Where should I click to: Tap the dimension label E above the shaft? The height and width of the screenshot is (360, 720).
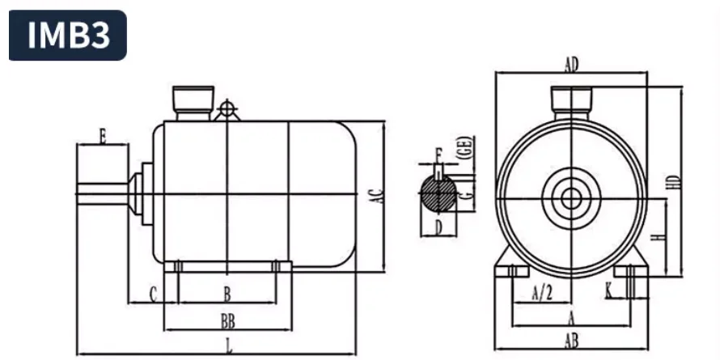click(x=102, y=135)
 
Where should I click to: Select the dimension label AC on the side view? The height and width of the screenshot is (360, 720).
click(x=375, y=195)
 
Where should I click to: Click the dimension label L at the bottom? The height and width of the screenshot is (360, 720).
click(x=229, y=346)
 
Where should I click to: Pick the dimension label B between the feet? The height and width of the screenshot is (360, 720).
click(x=227, y=292)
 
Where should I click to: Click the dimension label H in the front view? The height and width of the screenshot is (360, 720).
click(x=659, y=236)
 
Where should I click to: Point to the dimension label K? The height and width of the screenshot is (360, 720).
click(x=608, y=289)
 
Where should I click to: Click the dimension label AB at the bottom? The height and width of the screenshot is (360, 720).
click(x=571, y=342)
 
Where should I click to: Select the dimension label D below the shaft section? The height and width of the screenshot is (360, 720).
click(x=438, y=227)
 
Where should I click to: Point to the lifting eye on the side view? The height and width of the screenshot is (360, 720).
click(x=228, y=108)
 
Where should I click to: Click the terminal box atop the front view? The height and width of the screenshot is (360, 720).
click(x=571, y=98)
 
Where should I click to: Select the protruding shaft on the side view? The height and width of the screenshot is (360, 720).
click(x=103, y=194)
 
